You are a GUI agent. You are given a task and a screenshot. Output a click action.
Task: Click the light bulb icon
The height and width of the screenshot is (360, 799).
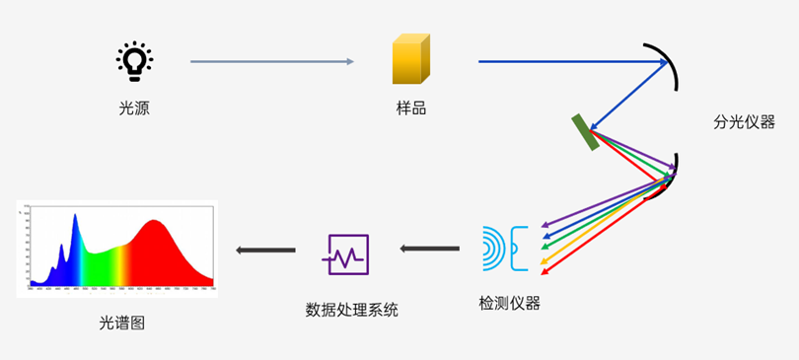coord(134,61)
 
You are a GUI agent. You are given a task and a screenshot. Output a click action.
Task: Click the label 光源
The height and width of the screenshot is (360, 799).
coord(134,108)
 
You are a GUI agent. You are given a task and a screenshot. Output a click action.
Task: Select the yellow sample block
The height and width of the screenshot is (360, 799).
coord(410,61)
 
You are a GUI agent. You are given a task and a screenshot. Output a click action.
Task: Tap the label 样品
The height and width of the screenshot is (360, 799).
coord(410,108)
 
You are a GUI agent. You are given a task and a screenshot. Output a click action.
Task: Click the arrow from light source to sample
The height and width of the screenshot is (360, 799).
coord(271,62)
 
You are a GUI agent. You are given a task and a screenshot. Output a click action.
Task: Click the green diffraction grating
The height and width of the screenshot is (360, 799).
coord(585,132)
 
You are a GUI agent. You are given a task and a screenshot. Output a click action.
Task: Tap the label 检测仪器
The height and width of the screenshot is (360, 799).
coord(509,303)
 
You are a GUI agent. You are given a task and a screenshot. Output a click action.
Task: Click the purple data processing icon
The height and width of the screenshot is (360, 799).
coord(347,254)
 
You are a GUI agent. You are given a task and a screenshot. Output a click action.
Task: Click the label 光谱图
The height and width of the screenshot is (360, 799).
coord(121,323)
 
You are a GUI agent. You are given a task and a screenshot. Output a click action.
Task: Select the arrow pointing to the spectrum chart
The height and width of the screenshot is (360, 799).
coord(266,251)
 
